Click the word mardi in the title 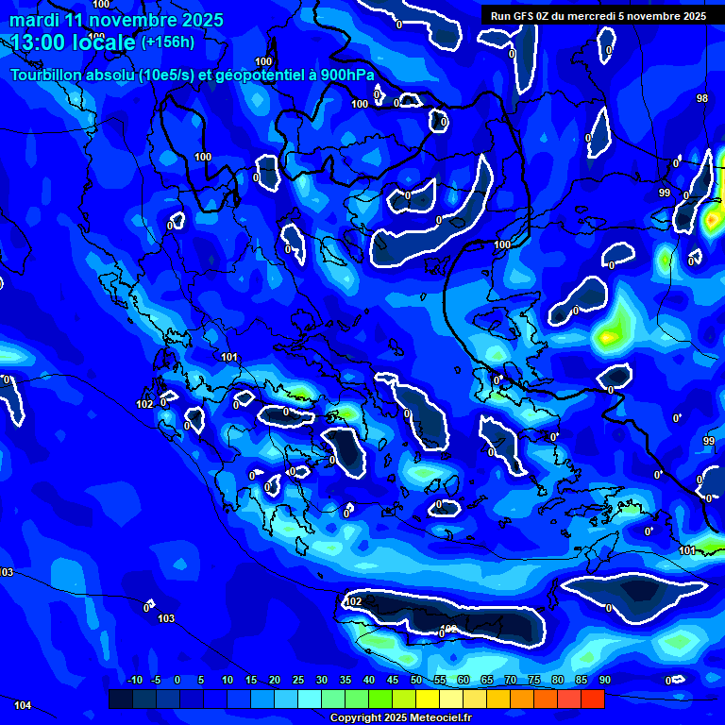pyautogui.click(x=33, y=20)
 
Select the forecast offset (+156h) pyautogui.click(x=167, y=42)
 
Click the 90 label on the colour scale pyautogui.click(x=604, y=680)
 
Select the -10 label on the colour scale pyautogui.click(x=133, y=680)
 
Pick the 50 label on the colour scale pyautogui.click(x=416, y=680)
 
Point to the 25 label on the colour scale pyautogui.click(x=298, y=680)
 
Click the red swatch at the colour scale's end pyautogui.click(x=592, y=699)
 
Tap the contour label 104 pyautogui.click(x=23, y=705)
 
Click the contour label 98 pyautogui.click(x=702, y=98)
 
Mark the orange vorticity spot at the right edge pyautogui.click(x=714, y=221)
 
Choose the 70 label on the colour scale pyautogui.click(x=511, y=680)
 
